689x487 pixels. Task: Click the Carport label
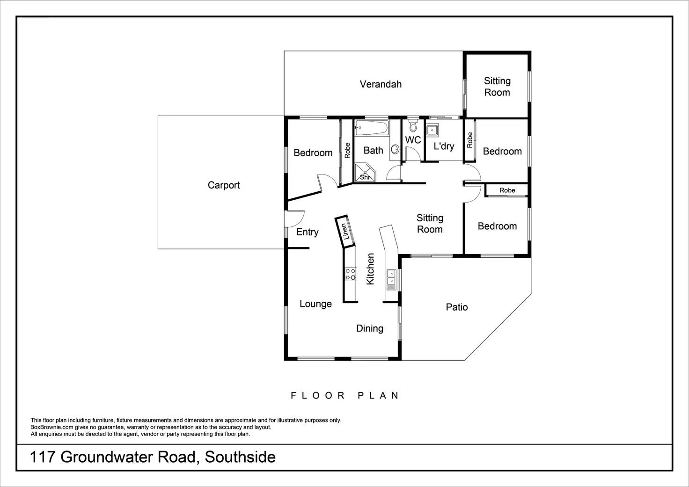coord(224,185)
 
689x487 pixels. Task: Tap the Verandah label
coord(381,84)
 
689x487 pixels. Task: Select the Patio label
coord(456,307)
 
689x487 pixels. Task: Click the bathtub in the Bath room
coord(371,127)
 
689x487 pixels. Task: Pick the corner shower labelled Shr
coord(364,173)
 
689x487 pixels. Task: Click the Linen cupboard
coord(345,231)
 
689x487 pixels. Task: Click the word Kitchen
coord(370,269)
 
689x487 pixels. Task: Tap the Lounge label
coord(315,304)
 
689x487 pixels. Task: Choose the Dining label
coord(369,328)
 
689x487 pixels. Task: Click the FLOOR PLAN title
coord(345,395)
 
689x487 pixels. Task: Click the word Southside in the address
coord(240,457)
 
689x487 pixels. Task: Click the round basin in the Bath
coord(395,149)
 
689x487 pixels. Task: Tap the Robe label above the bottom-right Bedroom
coord(507,190)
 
